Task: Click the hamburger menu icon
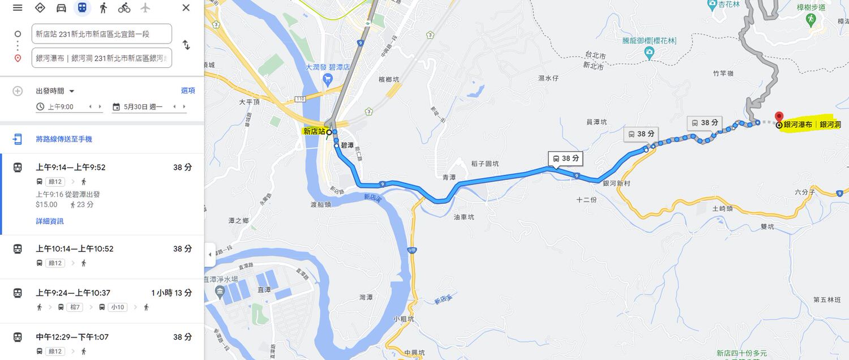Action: pos(18,8)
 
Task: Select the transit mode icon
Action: pos(83,8)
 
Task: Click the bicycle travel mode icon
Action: pos(125,8)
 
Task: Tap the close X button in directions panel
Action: pos(186,8)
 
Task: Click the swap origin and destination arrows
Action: pos(186,45)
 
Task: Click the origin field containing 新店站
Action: pos(102,34)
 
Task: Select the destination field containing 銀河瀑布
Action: pos(102,58)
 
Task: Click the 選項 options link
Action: pos(188,91)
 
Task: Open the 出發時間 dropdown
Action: pos(55,91)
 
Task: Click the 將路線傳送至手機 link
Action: pos(63,139)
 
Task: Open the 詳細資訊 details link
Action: pos(50,221)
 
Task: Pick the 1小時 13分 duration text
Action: pos(171,293)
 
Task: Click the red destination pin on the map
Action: pos(779,118)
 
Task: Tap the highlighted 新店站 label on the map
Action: pos(314,131)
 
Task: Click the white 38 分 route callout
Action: pos(565,158)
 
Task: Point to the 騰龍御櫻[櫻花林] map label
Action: pos(650,41)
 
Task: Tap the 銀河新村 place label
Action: pos(616,183)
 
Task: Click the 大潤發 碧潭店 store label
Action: pos(328,67)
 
